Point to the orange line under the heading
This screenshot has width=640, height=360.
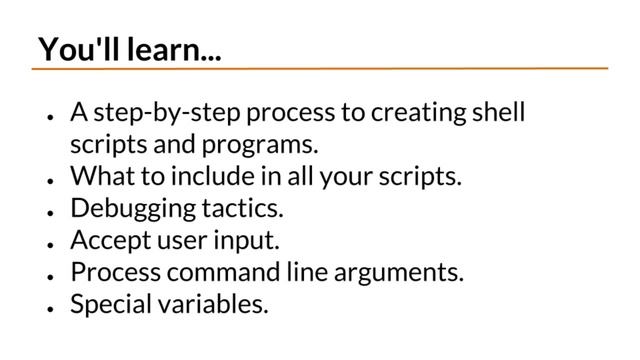pos(320,69)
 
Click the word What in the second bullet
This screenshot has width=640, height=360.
pos(100,177)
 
